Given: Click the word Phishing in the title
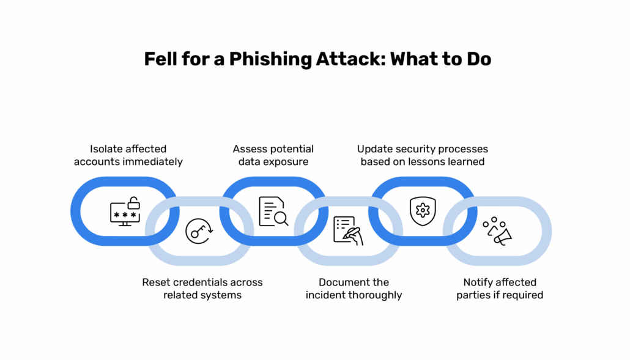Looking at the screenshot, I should click(x=261, y=59).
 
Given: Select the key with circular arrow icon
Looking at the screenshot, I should click(x=199, y=231).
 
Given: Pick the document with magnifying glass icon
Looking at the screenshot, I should click(x=273, y=211).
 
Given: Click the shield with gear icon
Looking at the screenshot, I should click(x=422, y=211).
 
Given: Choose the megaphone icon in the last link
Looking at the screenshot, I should click(x=498, y=231).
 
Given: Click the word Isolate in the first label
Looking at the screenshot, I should click(x=107, y=149).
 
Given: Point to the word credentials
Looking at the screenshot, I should click(x=205, y=282).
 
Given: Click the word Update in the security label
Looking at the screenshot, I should click(x=374, y=149).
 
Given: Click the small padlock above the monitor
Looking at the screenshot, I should click(x=134, y=202).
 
